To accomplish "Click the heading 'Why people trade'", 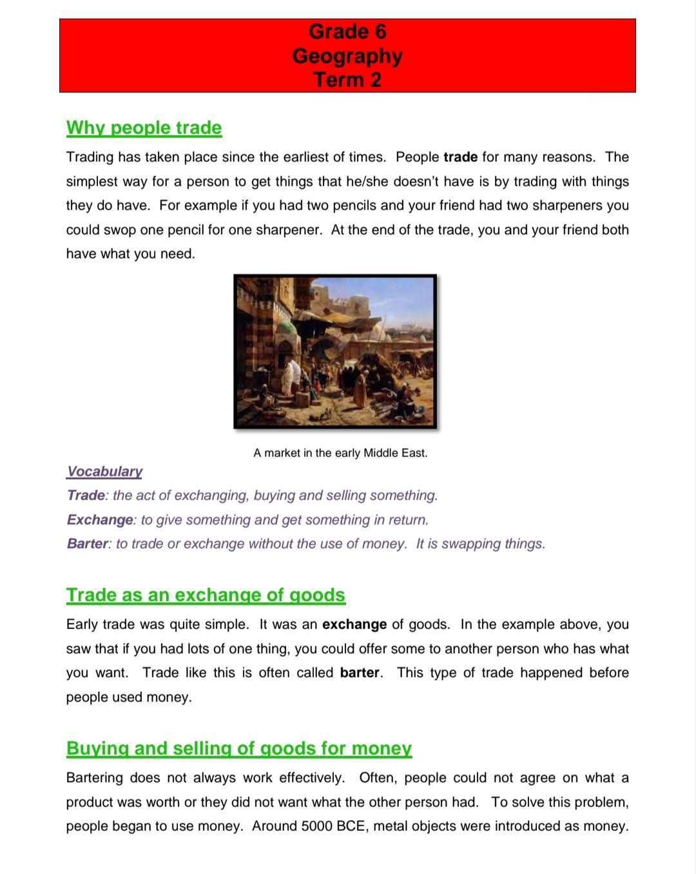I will tap(144, 128).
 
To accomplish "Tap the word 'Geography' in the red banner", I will tap(347, 56).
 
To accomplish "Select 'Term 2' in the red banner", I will tap(347, 80).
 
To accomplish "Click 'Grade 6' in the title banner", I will tap(347, 32).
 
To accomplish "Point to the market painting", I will tap(335, 351).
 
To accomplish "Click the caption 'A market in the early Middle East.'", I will tap(340, 453).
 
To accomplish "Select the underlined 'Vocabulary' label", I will tap(104, 471).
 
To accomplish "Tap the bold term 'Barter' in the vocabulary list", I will tap(88, 544).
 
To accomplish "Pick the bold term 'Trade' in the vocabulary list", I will tap(86, 496).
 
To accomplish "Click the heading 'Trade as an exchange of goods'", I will tap(206, 595).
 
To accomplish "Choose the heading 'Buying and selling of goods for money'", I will tap(238, 748).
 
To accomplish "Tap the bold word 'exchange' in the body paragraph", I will tap(354, 625).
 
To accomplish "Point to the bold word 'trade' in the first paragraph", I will tap(461, 157).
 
